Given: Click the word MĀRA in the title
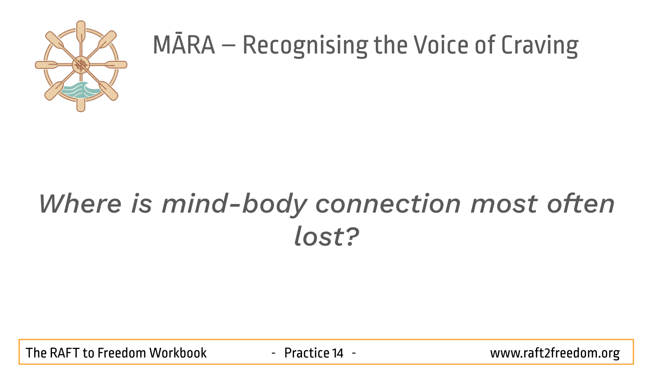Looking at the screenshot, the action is pos(184,45).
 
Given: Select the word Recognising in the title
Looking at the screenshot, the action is pos(305,46).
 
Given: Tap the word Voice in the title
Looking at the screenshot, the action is pos(441,45).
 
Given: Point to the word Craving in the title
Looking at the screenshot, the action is pos(540,46).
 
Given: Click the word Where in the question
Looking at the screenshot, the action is pos(80,204).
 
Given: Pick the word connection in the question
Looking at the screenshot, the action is pos(388,204).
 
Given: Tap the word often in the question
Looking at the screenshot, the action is pos(581,203).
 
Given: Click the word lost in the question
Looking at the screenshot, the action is pos(318,236).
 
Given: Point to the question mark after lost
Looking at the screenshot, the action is pos(351,236).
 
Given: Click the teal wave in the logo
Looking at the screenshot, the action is pos(80,90).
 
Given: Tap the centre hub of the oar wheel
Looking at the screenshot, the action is pos(81,65).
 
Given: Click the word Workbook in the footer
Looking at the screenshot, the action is pos(178,353).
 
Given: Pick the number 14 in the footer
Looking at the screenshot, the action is pos(338,353).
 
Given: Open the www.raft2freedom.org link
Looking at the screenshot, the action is pos(555,353).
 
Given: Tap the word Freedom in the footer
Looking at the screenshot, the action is pos(122,353).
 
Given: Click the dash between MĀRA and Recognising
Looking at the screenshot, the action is pos(229,46).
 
